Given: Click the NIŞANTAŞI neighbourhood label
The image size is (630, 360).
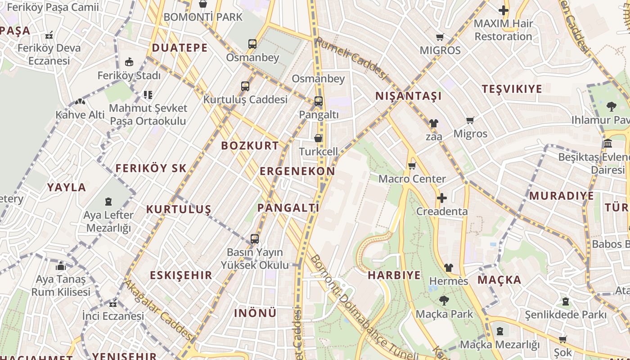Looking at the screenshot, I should coord(408,96).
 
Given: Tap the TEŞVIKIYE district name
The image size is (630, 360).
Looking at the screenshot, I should coord(512,89).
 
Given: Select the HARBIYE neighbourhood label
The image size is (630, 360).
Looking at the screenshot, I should coord(394,275).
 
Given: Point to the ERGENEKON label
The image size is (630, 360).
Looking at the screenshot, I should coord(297,171).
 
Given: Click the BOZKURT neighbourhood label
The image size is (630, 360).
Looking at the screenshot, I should coord(250,145).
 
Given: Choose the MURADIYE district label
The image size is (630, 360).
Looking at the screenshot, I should coord(561,196).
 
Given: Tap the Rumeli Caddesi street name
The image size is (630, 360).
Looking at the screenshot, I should coord(351,58).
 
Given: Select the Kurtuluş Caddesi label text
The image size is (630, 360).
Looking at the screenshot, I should coord(245,99).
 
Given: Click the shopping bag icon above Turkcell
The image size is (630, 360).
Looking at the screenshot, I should coord(318,138).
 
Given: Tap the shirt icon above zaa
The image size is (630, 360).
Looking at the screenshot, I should coord(433,123).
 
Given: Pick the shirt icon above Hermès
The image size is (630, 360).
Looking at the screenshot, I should coord(448,268).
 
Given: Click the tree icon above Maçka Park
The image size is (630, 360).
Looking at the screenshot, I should coord(444,300).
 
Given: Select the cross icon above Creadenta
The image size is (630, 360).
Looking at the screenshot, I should coord(442,198).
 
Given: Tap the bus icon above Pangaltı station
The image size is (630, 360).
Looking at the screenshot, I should coord(318,101).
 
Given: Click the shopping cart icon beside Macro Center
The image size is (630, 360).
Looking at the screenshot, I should coord(412,166).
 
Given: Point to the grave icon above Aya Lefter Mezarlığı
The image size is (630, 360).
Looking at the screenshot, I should coord(108,202).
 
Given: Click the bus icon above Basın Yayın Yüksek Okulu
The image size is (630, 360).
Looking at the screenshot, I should coord(255,239).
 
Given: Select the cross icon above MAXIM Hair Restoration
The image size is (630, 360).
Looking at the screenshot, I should coord(503,10).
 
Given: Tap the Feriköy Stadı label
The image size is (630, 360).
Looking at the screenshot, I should coord(129,76).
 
